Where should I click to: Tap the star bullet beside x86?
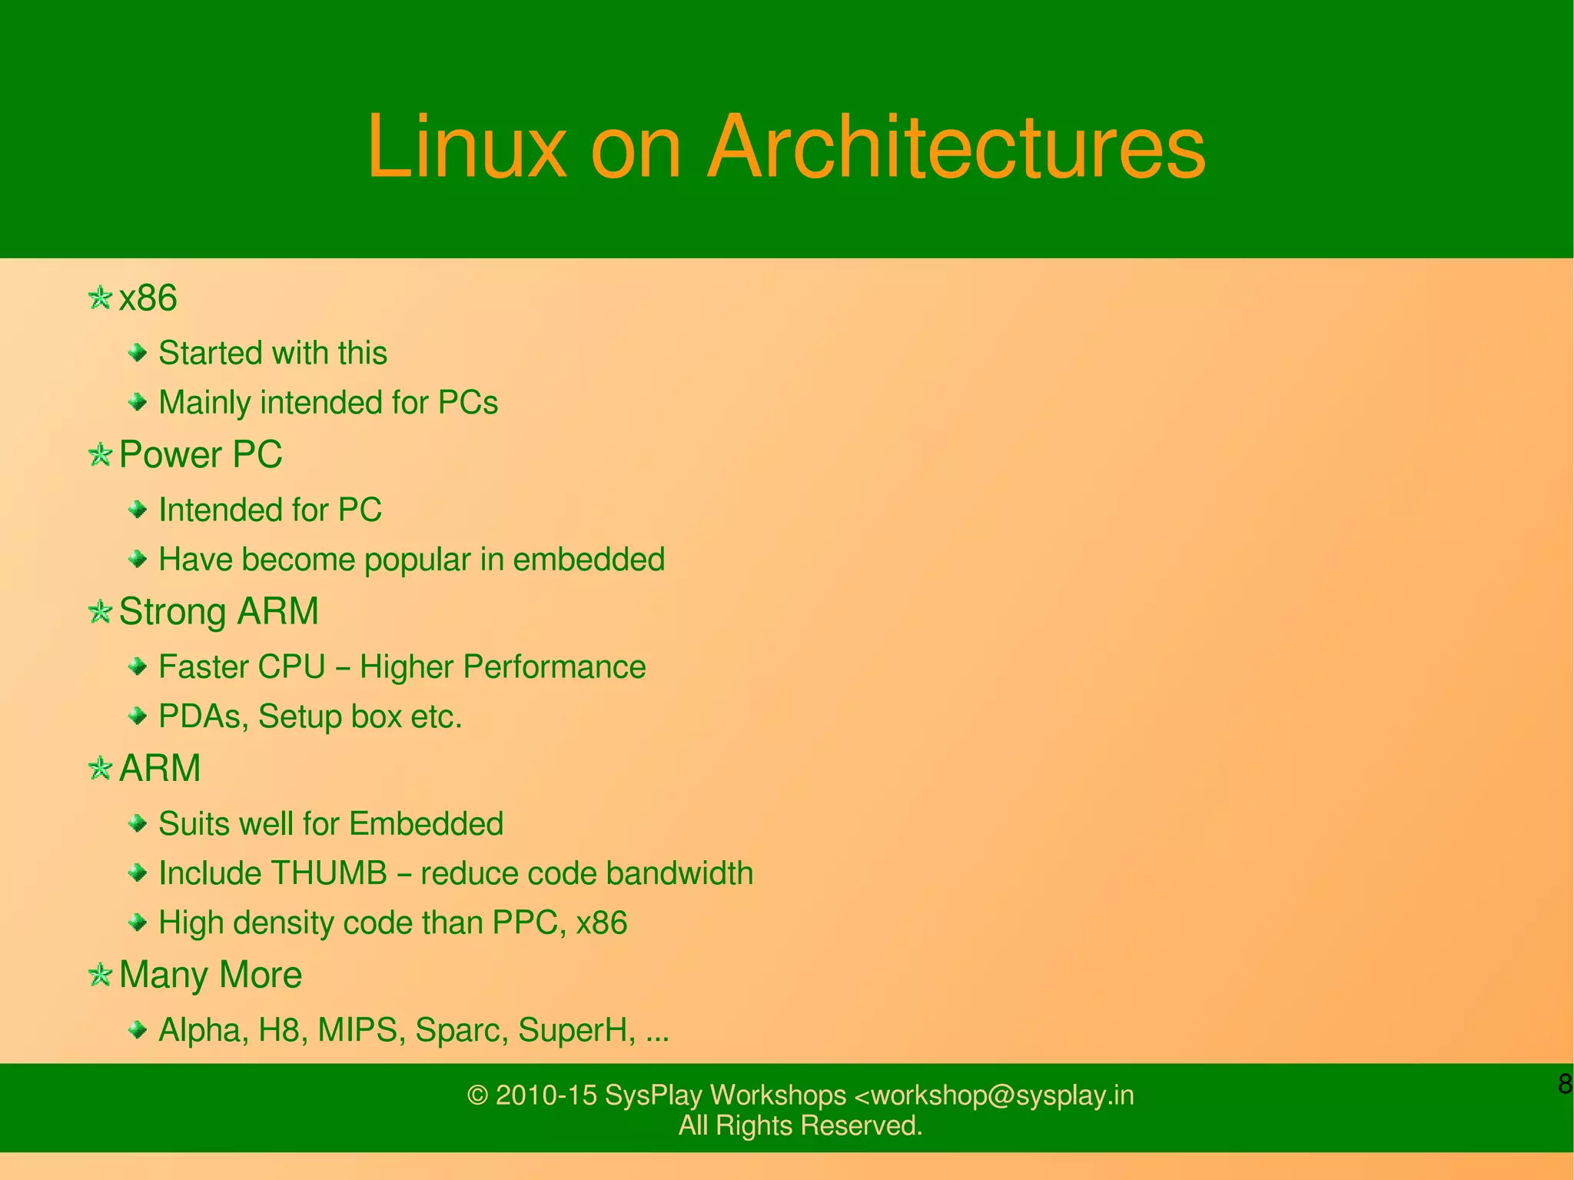100,297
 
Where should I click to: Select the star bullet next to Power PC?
100,454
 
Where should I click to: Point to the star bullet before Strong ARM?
100,612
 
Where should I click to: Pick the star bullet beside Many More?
100,975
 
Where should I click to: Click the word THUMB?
329,873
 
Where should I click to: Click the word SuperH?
576,1030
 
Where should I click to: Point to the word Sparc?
461,1030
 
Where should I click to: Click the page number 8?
1565,1084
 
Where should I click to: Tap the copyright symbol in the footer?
478,1095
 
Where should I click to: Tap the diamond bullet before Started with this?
138,353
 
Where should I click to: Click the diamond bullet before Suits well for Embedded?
138,824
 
